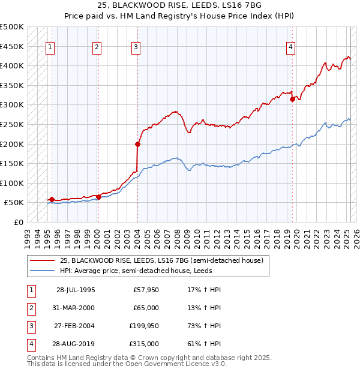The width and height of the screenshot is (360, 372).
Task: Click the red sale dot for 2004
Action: tap(137, 144)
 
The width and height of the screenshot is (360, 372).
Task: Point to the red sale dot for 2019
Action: tap(292, 100)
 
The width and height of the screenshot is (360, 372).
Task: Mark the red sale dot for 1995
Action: tap(52, 200)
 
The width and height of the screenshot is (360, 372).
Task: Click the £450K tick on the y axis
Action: tap(13, 46)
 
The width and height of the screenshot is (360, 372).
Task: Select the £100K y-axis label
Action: tap(13, 183)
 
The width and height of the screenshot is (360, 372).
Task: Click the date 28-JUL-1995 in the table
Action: tap(76, 289)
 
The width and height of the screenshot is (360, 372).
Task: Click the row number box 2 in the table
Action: tap(30, 308)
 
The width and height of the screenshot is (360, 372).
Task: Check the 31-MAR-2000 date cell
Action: tap(76, 308)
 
